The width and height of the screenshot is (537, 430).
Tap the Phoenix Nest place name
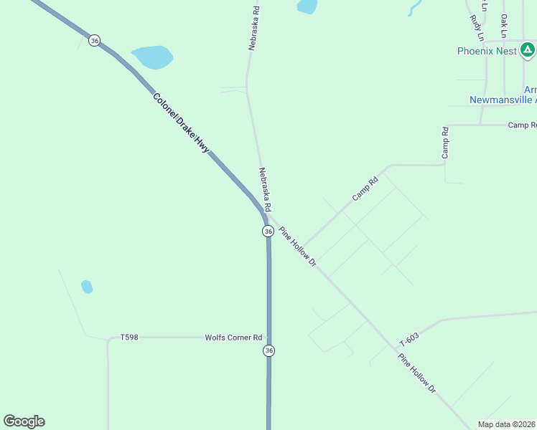(487, 51)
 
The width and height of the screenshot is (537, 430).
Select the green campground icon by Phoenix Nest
(528, 50)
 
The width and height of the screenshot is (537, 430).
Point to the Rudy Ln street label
(477, 27)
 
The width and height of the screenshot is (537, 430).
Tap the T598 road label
(129, 337)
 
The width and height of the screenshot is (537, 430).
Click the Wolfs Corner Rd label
(233, 337)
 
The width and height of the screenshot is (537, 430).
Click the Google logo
(24, 421)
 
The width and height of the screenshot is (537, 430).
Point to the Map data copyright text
(507, 424)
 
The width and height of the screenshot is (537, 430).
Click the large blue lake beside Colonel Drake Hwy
(152, 57)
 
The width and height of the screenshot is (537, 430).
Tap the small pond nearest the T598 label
(87, 287)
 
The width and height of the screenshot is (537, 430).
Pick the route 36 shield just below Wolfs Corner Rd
(268, 350)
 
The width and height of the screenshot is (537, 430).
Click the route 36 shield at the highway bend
(268, 231)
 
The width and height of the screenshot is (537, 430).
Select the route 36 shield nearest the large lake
(95, 41)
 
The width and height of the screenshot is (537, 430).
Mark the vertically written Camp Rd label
(445, 143)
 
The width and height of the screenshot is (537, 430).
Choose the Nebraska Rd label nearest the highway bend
(265, 189)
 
